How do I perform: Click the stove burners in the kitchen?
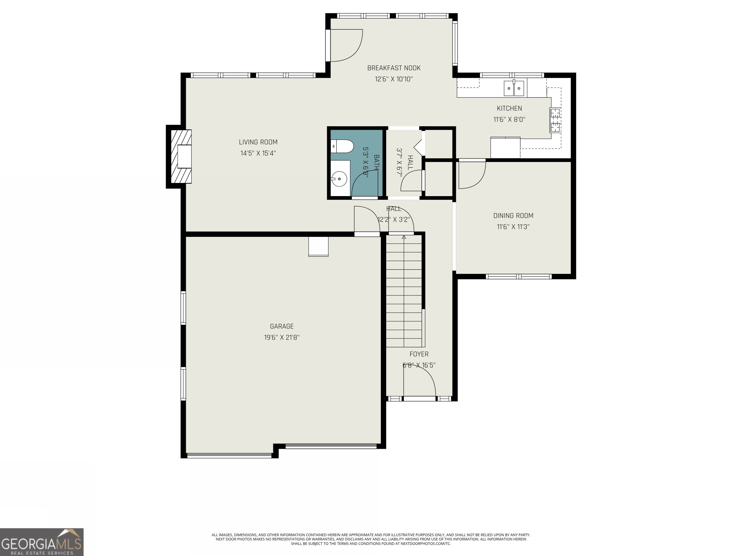click(x=555, y=120)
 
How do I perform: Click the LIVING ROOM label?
click(x=258, y=142)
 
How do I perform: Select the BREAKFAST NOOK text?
click(x=393, y=68)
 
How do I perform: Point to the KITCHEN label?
click(x=509, y=108)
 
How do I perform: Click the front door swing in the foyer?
click(x=419, y=382)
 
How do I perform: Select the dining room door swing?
click(x=471, y=174)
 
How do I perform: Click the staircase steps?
click(x=404, y=292)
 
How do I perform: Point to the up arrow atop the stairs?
click(x=404, y=237)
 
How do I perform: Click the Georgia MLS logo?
click(x=42, y=542)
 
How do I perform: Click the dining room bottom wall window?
click(x=518, y=277)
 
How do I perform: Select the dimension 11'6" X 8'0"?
click(x=509, y=119)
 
